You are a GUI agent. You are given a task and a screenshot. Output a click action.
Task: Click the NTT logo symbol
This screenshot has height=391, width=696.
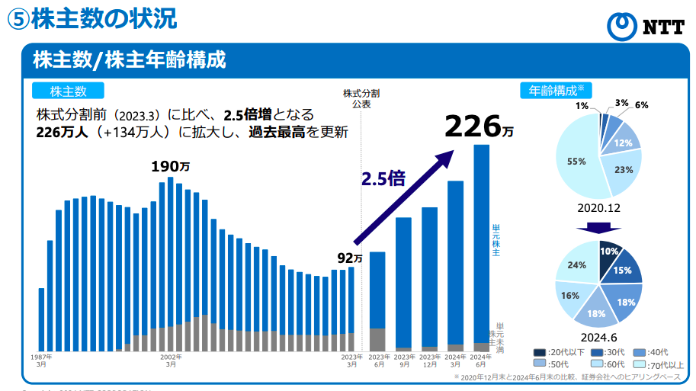pos(622,26)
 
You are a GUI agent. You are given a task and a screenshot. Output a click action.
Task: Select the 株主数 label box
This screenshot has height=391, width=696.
pos(68,91)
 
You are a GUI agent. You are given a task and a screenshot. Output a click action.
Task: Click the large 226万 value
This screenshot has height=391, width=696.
pos(479,127)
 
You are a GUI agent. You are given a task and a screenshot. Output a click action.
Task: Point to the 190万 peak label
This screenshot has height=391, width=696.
pos(170,166)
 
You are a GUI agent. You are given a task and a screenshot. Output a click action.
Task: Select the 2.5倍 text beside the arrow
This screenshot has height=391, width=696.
pos(383,179)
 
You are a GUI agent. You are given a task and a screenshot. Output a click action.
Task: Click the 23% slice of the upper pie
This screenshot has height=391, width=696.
pos(623,170)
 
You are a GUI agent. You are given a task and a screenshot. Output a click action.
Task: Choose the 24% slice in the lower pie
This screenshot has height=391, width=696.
pos(577,265)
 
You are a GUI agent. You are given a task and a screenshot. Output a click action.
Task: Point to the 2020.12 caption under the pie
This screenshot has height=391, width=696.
pos(598,207)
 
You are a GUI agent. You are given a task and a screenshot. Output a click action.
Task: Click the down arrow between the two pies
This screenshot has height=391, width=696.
pos(598,227)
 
